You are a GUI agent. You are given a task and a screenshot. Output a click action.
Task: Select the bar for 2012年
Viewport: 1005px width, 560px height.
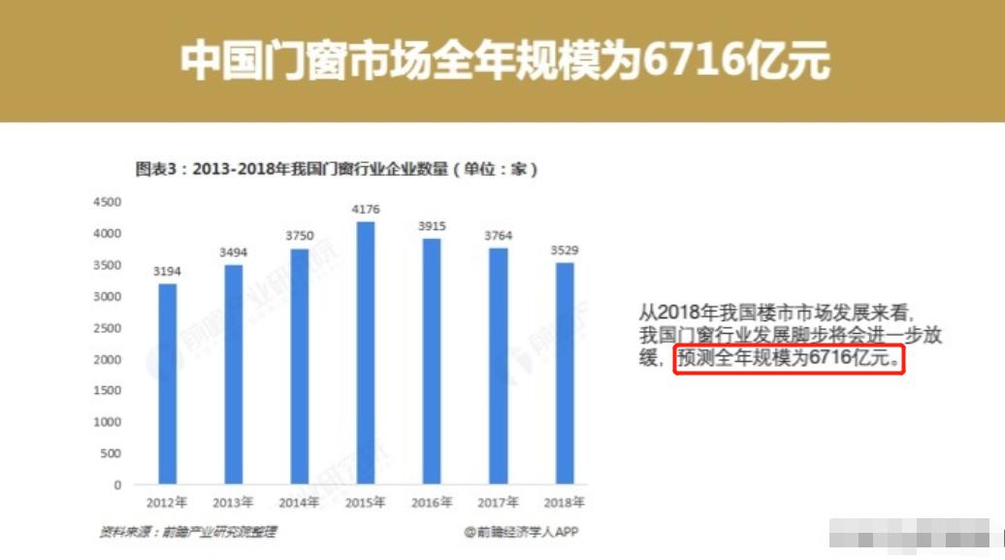(x=168, y=383)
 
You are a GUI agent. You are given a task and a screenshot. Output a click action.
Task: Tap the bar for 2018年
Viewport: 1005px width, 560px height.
(x=565, y=373)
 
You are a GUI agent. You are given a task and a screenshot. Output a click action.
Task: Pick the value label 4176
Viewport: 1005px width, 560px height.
(x=366, y=209)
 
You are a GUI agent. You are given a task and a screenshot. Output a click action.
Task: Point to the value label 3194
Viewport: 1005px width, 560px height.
(x=168, y=271)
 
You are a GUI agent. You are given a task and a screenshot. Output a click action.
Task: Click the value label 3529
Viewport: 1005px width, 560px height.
(x=565, y=249)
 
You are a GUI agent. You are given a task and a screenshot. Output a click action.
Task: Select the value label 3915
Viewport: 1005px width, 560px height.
(x=432, y=225)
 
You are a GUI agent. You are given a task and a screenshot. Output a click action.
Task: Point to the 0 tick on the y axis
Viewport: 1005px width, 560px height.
(x=117, y=484)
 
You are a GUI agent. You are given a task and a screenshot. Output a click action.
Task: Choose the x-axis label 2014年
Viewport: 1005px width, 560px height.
(x=300, y=503)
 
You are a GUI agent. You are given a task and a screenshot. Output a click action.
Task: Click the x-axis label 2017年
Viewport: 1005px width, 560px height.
(x=499, y=503)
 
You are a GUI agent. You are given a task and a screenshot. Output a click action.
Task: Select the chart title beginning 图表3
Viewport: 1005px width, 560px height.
(x=336, y=169)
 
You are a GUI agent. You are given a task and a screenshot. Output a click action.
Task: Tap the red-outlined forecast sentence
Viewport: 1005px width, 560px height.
(x=789, y=360)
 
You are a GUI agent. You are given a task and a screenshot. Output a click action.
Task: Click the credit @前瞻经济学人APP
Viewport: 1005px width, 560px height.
(x=521, y=532)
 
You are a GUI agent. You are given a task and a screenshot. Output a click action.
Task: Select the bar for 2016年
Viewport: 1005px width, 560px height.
(x=432, y=361)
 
